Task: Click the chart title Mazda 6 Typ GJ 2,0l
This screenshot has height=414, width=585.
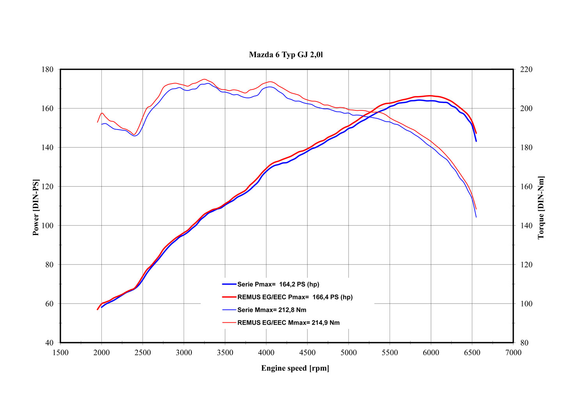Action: (x=286, y=55)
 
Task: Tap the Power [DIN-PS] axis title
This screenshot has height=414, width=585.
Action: (x=35, y=207)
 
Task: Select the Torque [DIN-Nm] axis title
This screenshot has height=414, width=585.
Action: (x=541, y=207)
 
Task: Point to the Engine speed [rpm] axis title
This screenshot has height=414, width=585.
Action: (x=295, y=368)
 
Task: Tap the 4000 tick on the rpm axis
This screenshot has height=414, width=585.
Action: (x=266, y=353)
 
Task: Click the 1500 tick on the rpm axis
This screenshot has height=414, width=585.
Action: (x=60, y=353)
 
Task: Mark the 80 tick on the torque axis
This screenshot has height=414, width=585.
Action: (x=524, y=343)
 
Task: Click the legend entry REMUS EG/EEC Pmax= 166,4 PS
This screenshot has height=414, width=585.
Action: (x=295, y=297)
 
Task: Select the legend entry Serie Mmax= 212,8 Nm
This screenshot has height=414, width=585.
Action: (x=272, y=310)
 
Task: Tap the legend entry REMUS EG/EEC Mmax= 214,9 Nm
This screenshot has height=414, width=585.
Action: (x=289, y=323)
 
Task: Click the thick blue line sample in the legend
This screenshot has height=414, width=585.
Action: (x=229, y=284)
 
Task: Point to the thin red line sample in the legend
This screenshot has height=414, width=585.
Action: (x=229, y=323)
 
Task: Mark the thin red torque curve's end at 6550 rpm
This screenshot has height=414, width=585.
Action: (x=476, y=209)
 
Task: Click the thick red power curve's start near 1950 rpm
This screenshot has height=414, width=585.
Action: (x=97, y=309)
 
